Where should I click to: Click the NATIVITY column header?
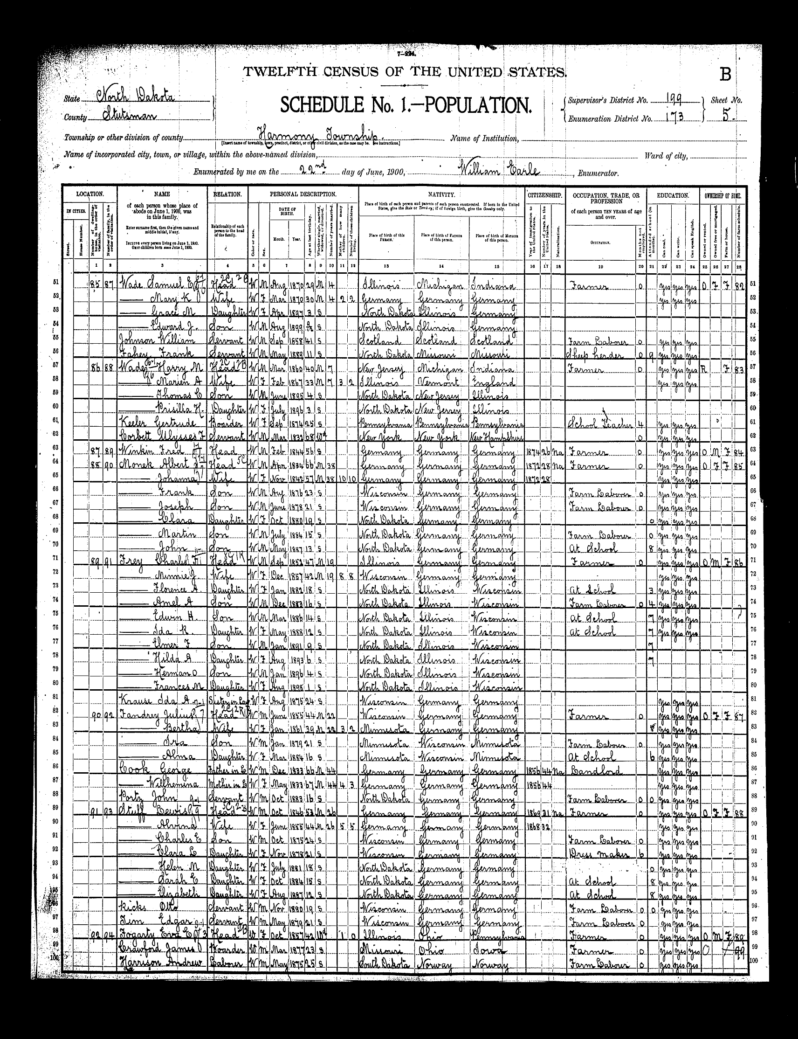pyautogui.click(x=442, y=195)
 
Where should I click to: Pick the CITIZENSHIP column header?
pyautogui.click(x=544, y=195)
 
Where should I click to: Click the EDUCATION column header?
pyautogui.click(x=673, y=195)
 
